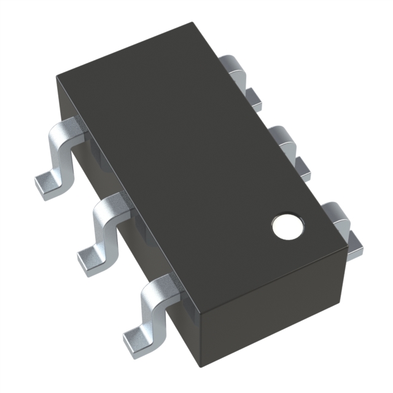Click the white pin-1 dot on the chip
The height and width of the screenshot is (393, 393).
click(x=287, y=226)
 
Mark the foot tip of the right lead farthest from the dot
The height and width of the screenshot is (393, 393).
click(x=253, y=95)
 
